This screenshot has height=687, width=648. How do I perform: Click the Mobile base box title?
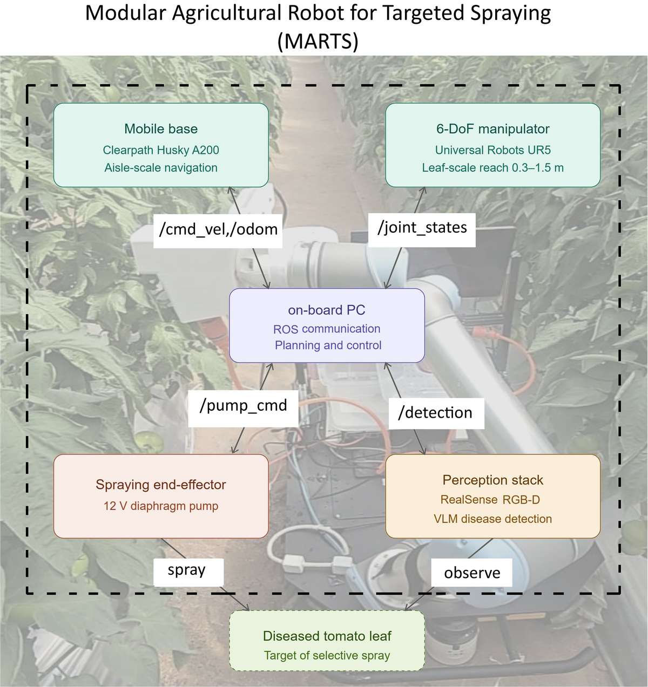161,128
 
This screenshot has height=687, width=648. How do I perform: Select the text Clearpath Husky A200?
161,150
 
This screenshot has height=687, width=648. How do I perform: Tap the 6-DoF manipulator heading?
492,128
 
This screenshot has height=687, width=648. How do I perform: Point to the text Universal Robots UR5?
492,150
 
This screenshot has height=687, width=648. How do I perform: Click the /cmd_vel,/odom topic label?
218,229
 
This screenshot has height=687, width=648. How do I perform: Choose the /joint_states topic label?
422,228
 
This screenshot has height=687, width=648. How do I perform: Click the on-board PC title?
327,310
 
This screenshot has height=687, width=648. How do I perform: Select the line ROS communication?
327,329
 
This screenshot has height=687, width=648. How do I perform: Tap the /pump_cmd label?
244,405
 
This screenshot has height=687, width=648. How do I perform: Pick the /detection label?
435,413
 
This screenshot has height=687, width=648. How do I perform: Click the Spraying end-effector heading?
161,485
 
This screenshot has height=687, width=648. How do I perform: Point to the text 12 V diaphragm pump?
161,506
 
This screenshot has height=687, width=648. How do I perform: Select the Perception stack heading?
492,480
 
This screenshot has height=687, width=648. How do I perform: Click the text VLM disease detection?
492,519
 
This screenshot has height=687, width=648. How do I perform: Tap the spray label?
187,570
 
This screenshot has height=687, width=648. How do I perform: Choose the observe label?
472,573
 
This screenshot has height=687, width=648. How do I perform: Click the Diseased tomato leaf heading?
327,636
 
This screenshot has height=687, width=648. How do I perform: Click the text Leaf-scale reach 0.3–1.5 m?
492,168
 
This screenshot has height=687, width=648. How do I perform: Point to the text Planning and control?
328,345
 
